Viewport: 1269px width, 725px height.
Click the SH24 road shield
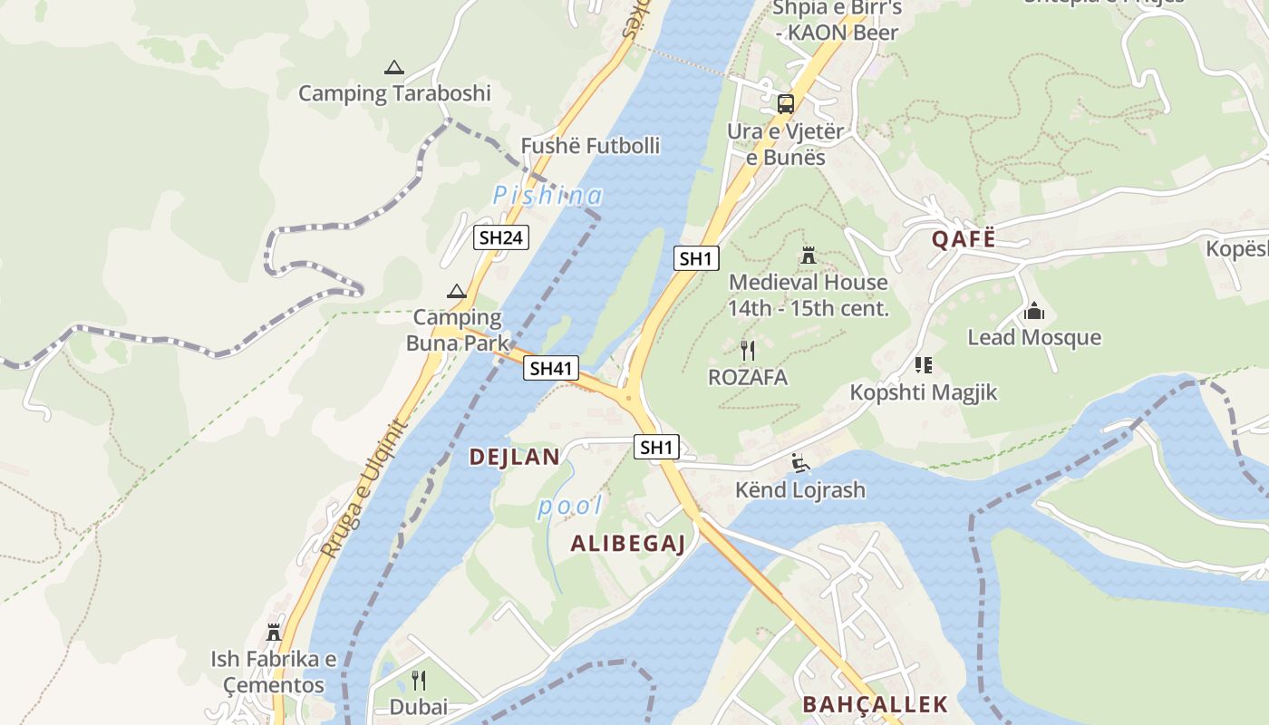pyautogui.click(x=501, y=237)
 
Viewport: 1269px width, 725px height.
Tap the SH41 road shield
pyautogui.click(x=551, y=368)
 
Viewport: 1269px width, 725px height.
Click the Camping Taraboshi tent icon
pyautogui.click(x=393, y=67)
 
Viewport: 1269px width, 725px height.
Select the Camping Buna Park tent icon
pyautogui.click(x=457, y=291)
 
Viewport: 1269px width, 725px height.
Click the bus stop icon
pyautogui.click(x=786, y=103)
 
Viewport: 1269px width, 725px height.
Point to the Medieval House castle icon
pyautogui.click(x=809, y=256)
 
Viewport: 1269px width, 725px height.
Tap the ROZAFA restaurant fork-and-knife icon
pyautogui.click(x=748, y=351)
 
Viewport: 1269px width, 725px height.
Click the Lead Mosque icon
pyautogui.click(x=1034, y=312)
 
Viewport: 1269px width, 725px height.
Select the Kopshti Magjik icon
pyautogui.click(x=924, y=365)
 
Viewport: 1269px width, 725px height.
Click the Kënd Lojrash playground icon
pyautogui.click(x=799, y=463)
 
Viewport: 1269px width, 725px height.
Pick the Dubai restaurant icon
pyautogui.click(x=419, y=680)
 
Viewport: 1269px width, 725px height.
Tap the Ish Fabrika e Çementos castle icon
pyautogui.click(x=274, y=632)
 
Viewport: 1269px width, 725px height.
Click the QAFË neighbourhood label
pyautogui.click(x=964, y=239)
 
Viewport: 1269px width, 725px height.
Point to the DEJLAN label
pyautogui.click(x=514, y=457)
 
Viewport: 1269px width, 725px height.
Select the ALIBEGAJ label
pyautogui.click(x=627, y=544)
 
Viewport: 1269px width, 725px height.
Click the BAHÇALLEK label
pyautogui.click(x=875, y=704)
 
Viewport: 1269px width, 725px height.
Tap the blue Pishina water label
pyautogui.click(x=547, y=195)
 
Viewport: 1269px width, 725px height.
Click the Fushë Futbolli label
pyautogui.click(x=590, y=146)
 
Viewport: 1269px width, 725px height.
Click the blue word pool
pyautogui.click(x=569, y=506)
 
